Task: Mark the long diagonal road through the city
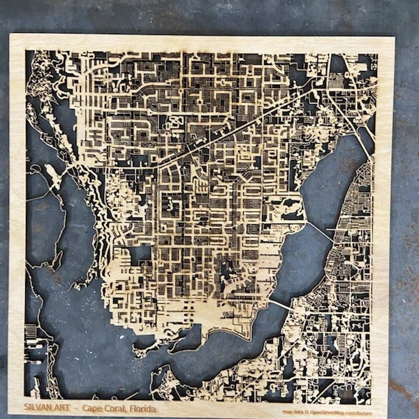(x=230, y=133)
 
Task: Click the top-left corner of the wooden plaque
(x=10, y=35)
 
